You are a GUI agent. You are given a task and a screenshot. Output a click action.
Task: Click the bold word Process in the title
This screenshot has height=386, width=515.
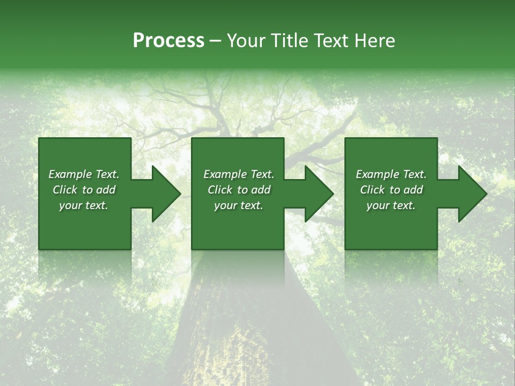(x=168, y=41)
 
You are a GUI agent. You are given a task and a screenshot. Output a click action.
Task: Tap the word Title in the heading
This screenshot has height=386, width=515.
(x=290, y=41)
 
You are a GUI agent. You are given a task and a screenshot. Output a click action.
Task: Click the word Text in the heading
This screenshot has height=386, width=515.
(x=332, y=41)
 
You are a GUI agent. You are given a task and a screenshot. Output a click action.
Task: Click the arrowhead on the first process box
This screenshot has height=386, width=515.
(x=164, y=194)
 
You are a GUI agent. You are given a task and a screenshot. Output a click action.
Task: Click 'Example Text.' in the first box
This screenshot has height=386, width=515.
(x=84, y=174)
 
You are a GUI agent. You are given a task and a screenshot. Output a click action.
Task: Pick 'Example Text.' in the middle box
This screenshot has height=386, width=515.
(x=239, y=174)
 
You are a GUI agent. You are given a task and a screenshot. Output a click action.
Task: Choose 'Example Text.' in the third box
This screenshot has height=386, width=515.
(x=391, y=174)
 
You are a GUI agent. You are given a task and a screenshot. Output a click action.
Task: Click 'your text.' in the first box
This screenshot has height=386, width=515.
(x=84, y=205)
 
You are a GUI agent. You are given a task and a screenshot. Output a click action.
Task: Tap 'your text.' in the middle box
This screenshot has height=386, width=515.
(x=239, y=205)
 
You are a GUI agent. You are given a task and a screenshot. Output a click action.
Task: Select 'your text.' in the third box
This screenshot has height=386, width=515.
(x=391, y=205)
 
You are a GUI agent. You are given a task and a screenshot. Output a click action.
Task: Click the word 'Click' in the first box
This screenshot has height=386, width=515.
(x=65, y=190)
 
